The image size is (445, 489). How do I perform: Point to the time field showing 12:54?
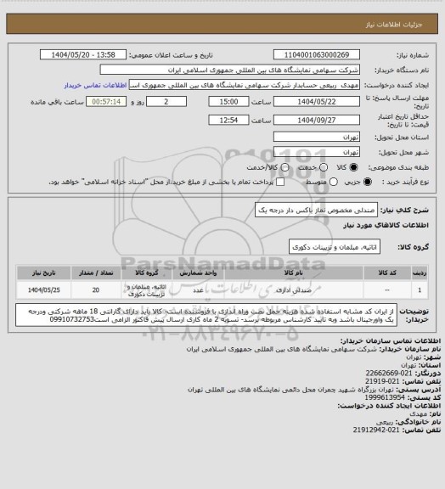pos(209,121)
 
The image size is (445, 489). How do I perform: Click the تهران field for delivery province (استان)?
pos(318,136)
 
